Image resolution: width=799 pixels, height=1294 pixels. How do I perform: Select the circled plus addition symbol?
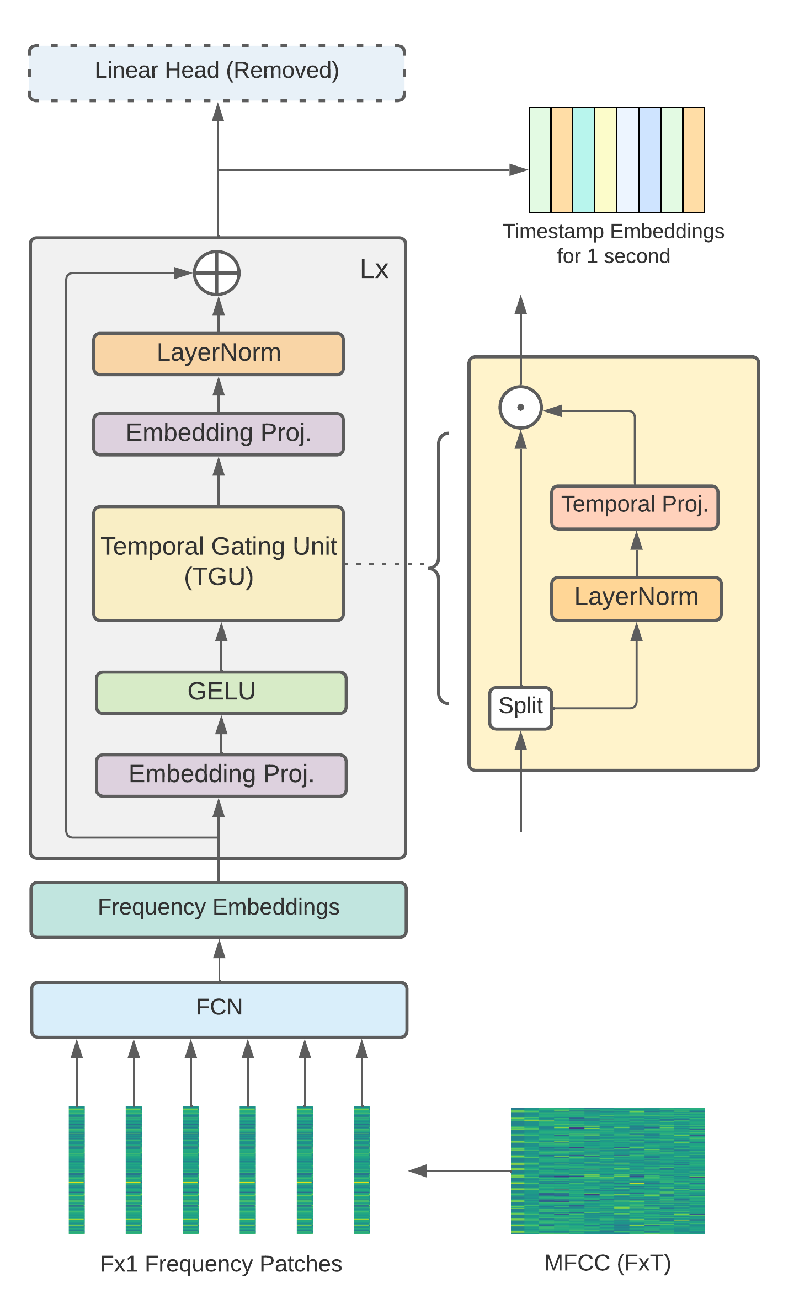[x=217, y=273]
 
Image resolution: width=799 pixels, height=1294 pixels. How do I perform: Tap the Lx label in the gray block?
[x=374, y=269]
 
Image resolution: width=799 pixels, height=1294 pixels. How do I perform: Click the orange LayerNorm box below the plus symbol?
[x=219, y=354]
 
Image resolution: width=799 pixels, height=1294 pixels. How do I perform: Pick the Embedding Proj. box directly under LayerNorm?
[x=219, y=434]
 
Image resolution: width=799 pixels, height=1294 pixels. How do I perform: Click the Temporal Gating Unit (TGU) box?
[x=219, y=563]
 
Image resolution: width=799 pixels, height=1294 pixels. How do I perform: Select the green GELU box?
[x=221, y=692]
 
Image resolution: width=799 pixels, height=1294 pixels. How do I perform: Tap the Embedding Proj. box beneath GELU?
[x=221, y=774]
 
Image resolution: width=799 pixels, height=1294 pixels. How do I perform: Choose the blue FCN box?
[x=219, y=1009]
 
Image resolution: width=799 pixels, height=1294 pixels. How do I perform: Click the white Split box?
[x=520, y=707]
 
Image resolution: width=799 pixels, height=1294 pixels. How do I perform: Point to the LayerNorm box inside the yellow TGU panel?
[x=636, y=598]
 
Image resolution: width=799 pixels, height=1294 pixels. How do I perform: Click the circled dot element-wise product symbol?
[x=520, y=408]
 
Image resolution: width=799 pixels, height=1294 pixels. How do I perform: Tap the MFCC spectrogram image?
[x=608, y=1170]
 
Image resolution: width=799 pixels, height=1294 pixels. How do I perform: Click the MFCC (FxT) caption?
[x=608, y=1263]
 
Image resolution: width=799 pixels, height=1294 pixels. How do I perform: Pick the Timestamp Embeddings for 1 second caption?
[x=613, y=243]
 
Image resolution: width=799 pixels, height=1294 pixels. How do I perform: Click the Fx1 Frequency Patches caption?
[x=221, y=1264]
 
